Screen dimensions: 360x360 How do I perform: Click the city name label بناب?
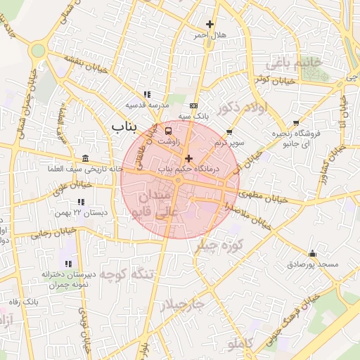(x=146, y=125)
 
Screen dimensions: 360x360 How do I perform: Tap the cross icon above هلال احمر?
(x=209, y=25)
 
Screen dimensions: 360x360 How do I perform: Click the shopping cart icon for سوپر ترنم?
(x=229, y=131)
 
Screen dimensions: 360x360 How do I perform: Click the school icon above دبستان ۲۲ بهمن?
(x=72, y=202)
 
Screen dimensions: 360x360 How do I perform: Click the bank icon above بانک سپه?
(x=194, y=105)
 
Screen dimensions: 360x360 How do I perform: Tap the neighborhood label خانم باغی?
(x=293, y=63)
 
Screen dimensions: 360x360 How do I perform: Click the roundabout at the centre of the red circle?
(x=180, y=180)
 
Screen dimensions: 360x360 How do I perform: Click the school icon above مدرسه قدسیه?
(x=146, y=94)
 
